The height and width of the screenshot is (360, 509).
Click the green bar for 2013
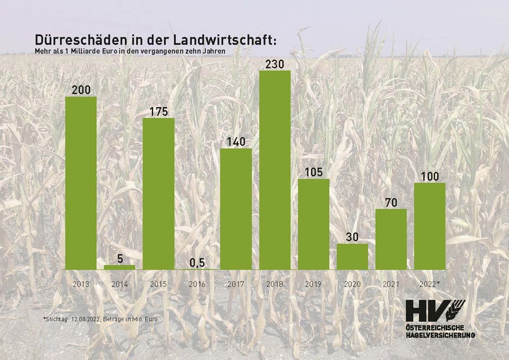tap(80, 183)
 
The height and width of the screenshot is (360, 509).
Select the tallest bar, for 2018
tap(275, 170)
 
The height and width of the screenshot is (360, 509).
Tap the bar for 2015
tap(158, 194)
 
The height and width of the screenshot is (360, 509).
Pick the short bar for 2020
tap(352, 256)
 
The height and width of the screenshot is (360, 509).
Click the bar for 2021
tap(391, 239)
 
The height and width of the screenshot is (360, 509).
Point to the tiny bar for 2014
tap(120, 267)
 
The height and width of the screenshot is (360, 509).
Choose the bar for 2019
tap(313, 224)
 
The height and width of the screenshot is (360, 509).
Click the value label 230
tap(275, 64)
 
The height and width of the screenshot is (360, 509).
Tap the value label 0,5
tap(197, 263)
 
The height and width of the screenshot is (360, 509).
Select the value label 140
tap(236, 142)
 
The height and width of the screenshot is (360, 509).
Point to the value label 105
tap(313, 172)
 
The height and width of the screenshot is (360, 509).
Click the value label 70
tap(391, 203)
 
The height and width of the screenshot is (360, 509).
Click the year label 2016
tap(197, 284)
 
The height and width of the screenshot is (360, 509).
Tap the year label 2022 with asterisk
tap(430, 284)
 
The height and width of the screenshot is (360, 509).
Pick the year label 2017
tap(236, 284)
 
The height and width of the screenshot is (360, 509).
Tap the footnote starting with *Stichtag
tap(100, 319)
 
